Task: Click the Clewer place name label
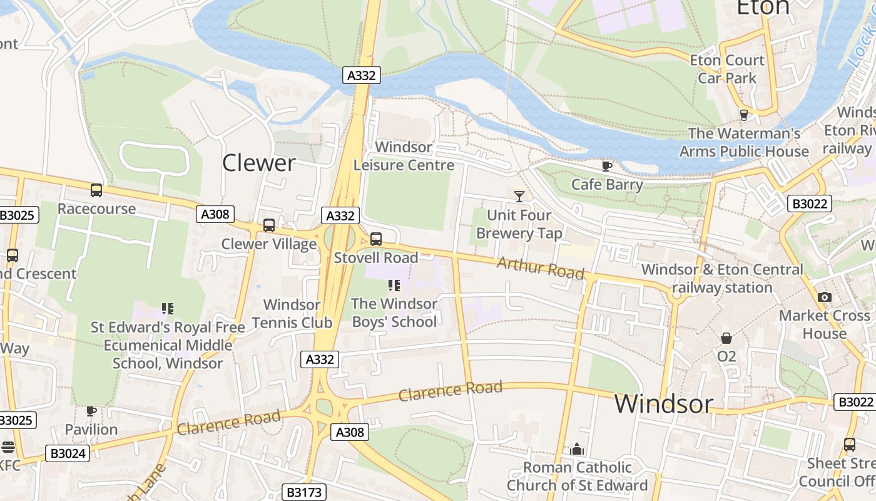point(258,163)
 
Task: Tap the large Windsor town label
point(663,404)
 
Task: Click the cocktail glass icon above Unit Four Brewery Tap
point(519,197)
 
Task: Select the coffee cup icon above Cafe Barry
point(606,166)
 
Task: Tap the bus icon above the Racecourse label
point(96,190)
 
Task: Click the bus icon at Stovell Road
point(375,239)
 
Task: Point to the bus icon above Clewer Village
point(269,225)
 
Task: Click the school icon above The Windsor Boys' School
point(394,286)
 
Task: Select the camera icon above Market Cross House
point(824,297)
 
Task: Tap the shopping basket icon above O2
point(726,338)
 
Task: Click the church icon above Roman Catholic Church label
point(577,449)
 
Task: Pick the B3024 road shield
point(68,453)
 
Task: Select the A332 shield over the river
point(362,76)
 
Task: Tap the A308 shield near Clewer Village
point(215,214)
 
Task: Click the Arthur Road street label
point(541,268)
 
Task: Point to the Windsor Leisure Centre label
point(404,157)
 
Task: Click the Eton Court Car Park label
point(726,70)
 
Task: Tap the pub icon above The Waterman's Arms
point(743,115)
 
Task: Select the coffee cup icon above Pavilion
point(91,411)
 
